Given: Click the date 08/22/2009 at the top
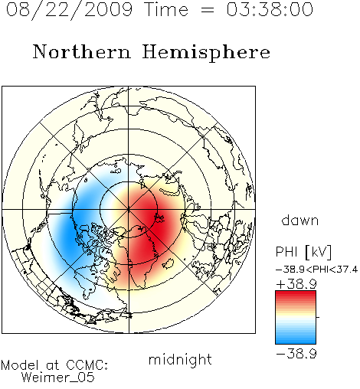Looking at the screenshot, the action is pyautogui.click(x=69, y=10).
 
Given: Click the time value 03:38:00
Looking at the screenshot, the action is pyautogui.click(x=270, y=9).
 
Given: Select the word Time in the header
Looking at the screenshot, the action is pyautogui.click(x=166, y=9).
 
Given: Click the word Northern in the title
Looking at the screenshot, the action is pyautogui.click(x=82, y=51).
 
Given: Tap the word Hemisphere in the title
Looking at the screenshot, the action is pyautogui.click(x=206, y=53).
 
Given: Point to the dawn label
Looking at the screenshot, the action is pyautogui.click(x=300, y=220).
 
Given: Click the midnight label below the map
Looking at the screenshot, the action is pyautogui.click(x=180, y=359).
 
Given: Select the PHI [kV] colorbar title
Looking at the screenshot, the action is pyautogui.click(x=303, y=252).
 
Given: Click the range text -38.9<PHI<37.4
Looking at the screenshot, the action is pyautogui.click(x=316, y=270).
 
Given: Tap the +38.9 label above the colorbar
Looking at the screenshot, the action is pyautogui.click(x=296, y=284).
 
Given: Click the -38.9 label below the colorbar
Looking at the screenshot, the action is pyautogui.click(x=296, y=354).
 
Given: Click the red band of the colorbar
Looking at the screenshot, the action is pyautogui.click(x=296, y=296).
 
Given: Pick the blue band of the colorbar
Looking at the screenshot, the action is pyautogui.click(x=296, y=338).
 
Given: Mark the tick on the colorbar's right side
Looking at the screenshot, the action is pyautogui.click(x=318, y=317).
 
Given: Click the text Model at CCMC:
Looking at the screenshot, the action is pyautogui.click(x=54, y=365).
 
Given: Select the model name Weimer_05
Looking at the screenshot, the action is pyautogui.click(x=58, y=378).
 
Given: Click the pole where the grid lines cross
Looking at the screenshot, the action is pyautogui.click(x=129, y=210).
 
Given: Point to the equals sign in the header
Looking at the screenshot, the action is pyautogui.click(x=208, y=10).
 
